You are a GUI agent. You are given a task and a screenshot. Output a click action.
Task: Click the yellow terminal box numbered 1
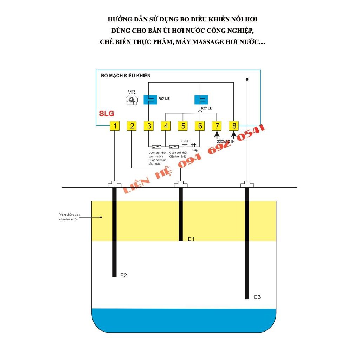(x=115, y=126)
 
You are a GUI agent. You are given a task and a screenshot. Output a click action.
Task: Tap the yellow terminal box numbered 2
(x=132, y=126)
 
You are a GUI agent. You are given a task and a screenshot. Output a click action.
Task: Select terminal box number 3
(x=149, y=126)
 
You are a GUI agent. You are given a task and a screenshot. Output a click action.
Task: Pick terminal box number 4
(x=166, y=126)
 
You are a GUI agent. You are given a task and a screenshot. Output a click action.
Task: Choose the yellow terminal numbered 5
(x=182, y=126)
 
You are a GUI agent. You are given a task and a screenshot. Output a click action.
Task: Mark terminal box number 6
(x=200, y=126)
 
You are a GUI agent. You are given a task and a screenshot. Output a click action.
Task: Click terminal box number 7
(x=217, y=126)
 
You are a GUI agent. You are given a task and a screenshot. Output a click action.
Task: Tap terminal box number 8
(x=233, y=126)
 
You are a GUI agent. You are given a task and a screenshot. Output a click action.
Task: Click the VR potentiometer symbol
(x=131, y=101)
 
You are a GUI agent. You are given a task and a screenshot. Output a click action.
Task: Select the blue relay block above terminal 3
(x=150, y=100)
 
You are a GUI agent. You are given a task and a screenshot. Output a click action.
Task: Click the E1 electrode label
(x=191, y=239)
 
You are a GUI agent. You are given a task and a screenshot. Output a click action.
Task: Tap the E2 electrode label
(x=123, y=275)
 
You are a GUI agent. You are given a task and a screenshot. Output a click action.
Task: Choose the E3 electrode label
(x=257, y=297)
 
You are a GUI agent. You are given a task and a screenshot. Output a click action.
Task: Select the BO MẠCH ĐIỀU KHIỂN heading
(x=126, y=76)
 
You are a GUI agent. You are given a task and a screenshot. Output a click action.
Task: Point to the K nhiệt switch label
(x=185, y=141)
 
